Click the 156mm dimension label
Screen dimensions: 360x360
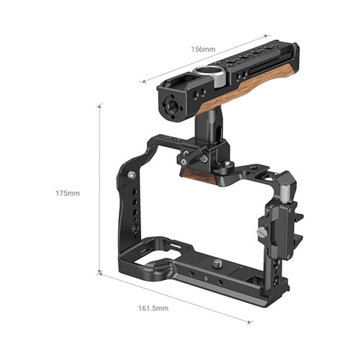[x=203, y=50]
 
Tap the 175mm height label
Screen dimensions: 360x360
[x=68, y=193]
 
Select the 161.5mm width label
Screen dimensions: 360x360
[x=153, y=308]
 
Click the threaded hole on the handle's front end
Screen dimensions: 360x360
[x=172, y=104]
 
